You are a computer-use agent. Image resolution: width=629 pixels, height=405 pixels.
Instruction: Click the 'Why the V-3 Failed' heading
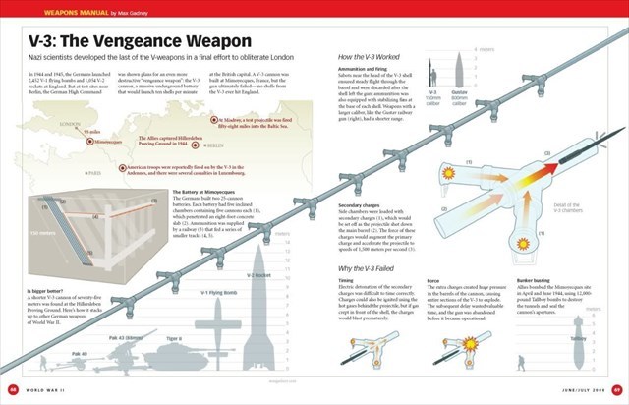coord(367,268)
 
